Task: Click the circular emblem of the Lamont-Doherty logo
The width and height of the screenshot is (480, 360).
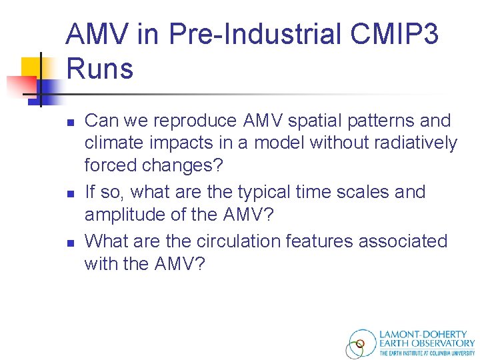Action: [x=361, y=344]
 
